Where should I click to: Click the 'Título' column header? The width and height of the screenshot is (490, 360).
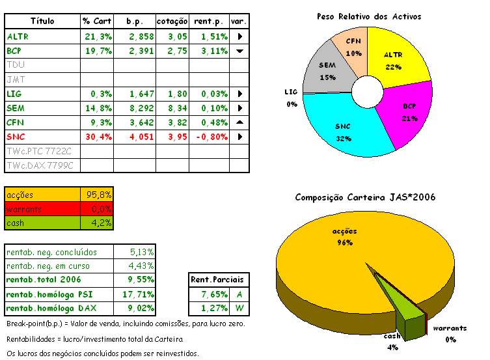click(42, 21)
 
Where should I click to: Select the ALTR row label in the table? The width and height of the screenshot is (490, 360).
click(18, 36)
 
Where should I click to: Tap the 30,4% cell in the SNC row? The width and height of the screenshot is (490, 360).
click(98, 137)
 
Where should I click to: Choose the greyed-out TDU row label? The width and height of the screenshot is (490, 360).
click(16, 65)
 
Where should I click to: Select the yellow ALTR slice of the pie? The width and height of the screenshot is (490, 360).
click(393, 59)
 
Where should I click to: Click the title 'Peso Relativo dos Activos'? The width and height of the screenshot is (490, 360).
click(368, 16)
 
